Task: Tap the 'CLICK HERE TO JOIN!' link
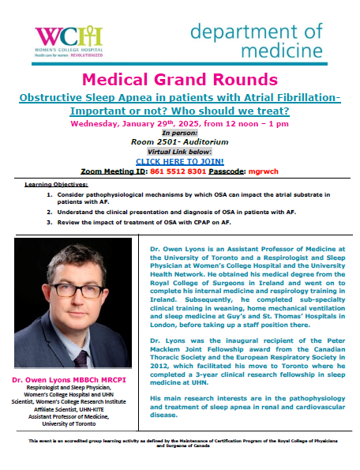180,161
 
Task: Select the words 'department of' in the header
255,32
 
